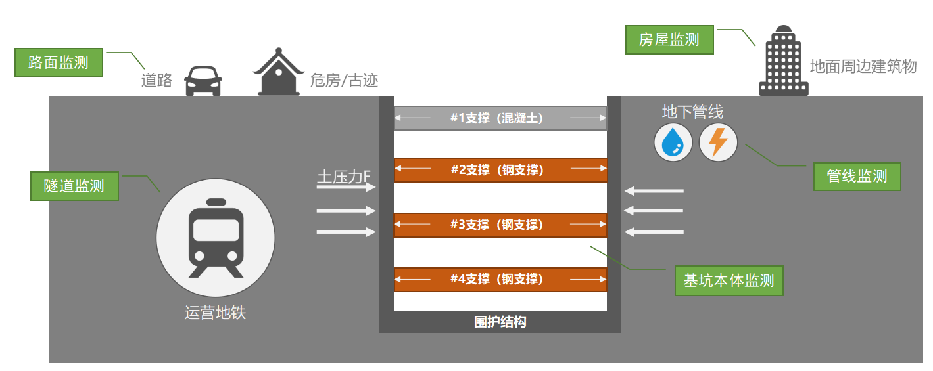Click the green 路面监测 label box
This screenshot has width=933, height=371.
click(59, 63)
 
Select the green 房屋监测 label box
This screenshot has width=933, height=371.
click(669, 40)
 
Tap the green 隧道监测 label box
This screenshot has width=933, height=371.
click(74, 186)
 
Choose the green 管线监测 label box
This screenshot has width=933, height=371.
click(857, 176)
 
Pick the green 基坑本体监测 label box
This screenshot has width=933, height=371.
click(729, 281)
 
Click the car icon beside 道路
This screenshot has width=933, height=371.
click(203, 81)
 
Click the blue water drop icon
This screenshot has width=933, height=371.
click(673, 142)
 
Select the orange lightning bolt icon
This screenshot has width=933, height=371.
click(718, 142)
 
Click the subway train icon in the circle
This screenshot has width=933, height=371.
click(216, 238)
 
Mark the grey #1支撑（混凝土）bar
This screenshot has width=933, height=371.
click(500, 118)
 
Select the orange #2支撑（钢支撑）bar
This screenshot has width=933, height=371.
click(500, 170)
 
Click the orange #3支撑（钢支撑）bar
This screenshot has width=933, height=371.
click(500, 225)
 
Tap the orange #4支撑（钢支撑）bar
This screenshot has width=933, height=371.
click(500, 279)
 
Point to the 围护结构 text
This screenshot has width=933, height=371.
click(500, 322)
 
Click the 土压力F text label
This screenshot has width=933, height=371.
click(344, 177)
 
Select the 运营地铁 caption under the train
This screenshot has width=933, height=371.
click(215, 313)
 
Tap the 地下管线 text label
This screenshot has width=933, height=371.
click(692, 112)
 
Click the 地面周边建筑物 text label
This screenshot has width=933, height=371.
click(863, 66)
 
